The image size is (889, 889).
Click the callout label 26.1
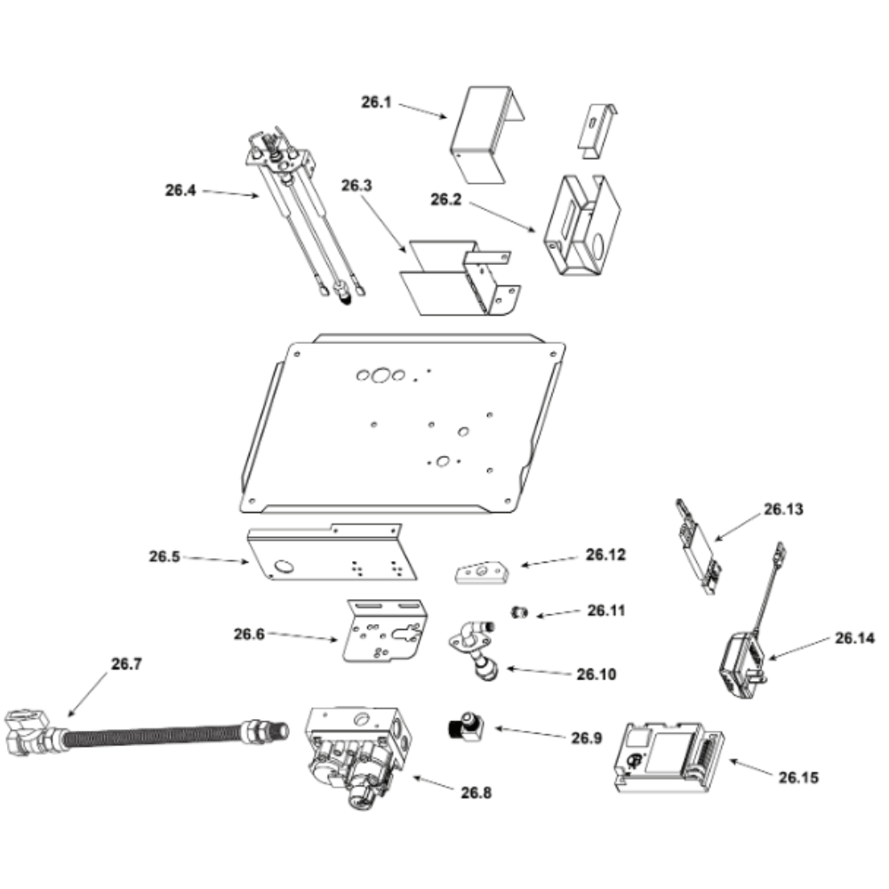coord(376,102)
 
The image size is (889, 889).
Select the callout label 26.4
coord(180,190)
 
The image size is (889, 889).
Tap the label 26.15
coord(798,777)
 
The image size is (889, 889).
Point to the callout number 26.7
coord(126,663)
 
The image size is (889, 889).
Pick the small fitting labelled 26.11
coord(519,613)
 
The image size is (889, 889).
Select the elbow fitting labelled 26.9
coord(465,726)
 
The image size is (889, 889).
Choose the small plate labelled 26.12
coord(481,572)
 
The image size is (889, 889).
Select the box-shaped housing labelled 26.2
coord(581,226)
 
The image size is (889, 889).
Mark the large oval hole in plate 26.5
coord(284,565)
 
